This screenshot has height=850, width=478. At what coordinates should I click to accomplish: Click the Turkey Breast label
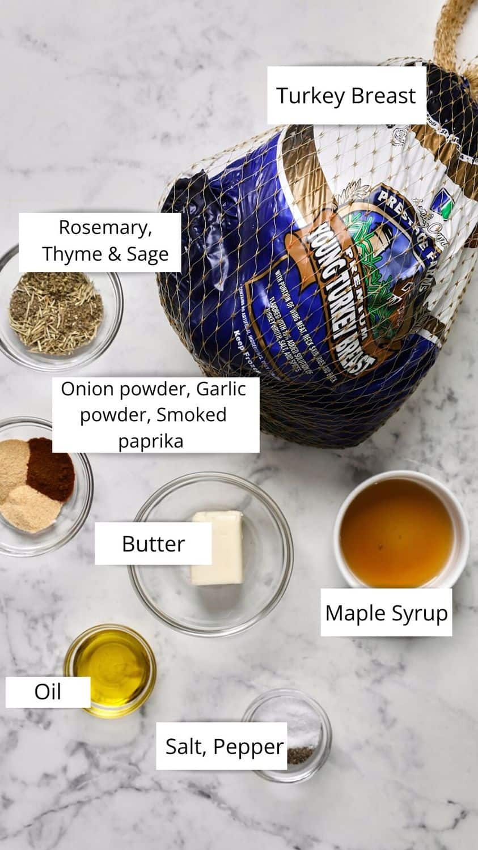point(346,95)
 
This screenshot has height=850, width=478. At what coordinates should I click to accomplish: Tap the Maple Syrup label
point(386,613)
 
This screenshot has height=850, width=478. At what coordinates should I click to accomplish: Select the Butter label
point(153,544)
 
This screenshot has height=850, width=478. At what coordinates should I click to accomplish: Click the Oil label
point(48,692)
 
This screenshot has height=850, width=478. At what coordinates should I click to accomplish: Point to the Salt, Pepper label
point(224,746)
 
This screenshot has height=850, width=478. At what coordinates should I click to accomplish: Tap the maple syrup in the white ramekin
point(396,533)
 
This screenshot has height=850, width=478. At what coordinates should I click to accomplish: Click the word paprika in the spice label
point(151,440)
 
